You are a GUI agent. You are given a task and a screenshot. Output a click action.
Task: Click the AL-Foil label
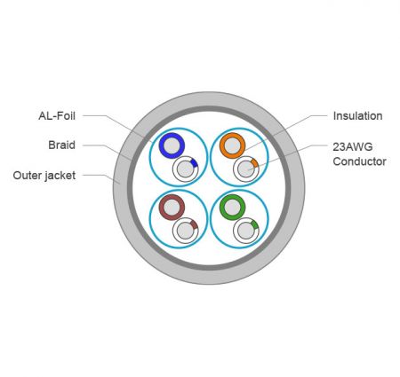(x=57, y=115)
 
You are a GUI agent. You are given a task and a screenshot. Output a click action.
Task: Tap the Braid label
(x=61, y=145)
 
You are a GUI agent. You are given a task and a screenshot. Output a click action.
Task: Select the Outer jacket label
(x=44, y=176)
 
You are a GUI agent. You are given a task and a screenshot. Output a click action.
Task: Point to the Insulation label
(x=357, y=116)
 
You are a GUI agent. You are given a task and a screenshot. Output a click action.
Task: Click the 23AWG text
(x=353, y=146)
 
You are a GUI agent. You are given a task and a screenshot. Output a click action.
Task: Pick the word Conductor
(x=359, y=161)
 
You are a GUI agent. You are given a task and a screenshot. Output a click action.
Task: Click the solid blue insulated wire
(x=172, y=145)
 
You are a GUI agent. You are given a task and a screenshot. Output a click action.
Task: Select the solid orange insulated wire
(x=232, y=145)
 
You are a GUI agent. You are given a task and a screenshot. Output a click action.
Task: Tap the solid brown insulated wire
(x=172, y=208)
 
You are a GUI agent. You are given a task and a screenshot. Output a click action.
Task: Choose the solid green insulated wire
(x=232, y=208)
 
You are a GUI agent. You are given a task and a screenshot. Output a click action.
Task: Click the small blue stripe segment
(x=194, y=163)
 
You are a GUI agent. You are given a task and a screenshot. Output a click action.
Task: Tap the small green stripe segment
(x=254, y=224)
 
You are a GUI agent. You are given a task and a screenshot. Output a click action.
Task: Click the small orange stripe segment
(x=254, y=163)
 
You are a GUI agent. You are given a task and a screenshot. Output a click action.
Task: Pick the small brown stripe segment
(x=194, y=224)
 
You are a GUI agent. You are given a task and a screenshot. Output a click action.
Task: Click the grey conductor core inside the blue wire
(x=172, y=145)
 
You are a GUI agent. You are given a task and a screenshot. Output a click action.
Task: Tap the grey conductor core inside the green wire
(x=232, y=208)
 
